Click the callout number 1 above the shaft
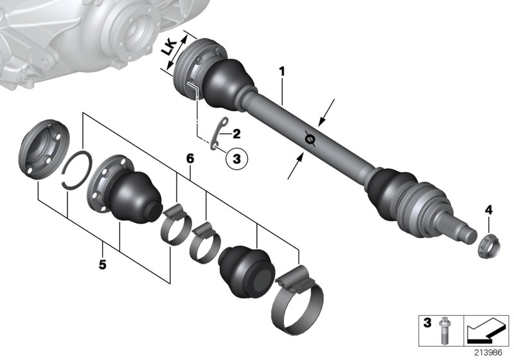(x=281, y=71)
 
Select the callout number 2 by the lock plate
(x=236, y=134)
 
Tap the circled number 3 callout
(x=236, y=157)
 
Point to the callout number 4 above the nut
(x=488, y=210)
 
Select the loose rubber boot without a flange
(x=247, y=269)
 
